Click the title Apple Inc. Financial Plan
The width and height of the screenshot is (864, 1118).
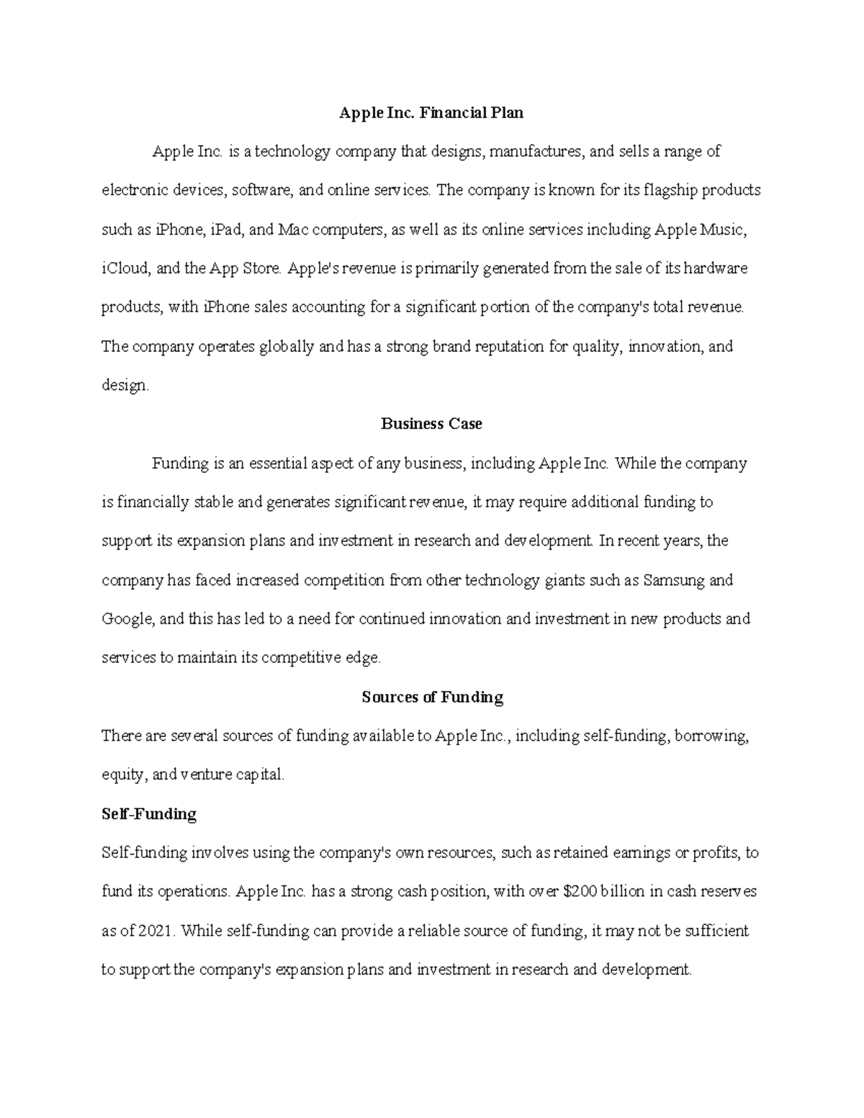431,113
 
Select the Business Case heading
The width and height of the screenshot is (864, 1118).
431,424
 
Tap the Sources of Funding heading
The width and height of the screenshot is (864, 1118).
432,697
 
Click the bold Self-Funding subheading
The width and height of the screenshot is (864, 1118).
149,814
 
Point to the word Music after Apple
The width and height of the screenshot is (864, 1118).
725,230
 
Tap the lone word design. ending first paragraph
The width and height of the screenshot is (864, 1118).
125,386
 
